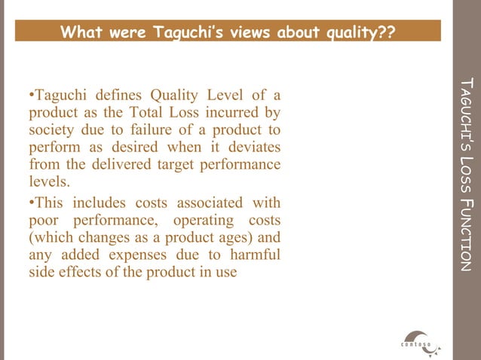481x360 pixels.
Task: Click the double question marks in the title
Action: tap(386, 32)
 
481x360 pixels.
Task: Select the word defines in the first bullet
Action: tap(118, 96)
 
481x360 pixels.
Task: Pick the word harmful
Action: tap(255, 255)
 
